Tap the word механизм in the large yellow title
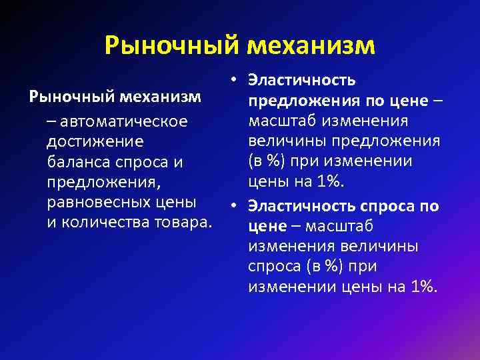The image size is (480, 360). click(311, 46)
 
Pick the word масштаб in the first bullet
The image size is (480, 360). click(282, 122)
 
